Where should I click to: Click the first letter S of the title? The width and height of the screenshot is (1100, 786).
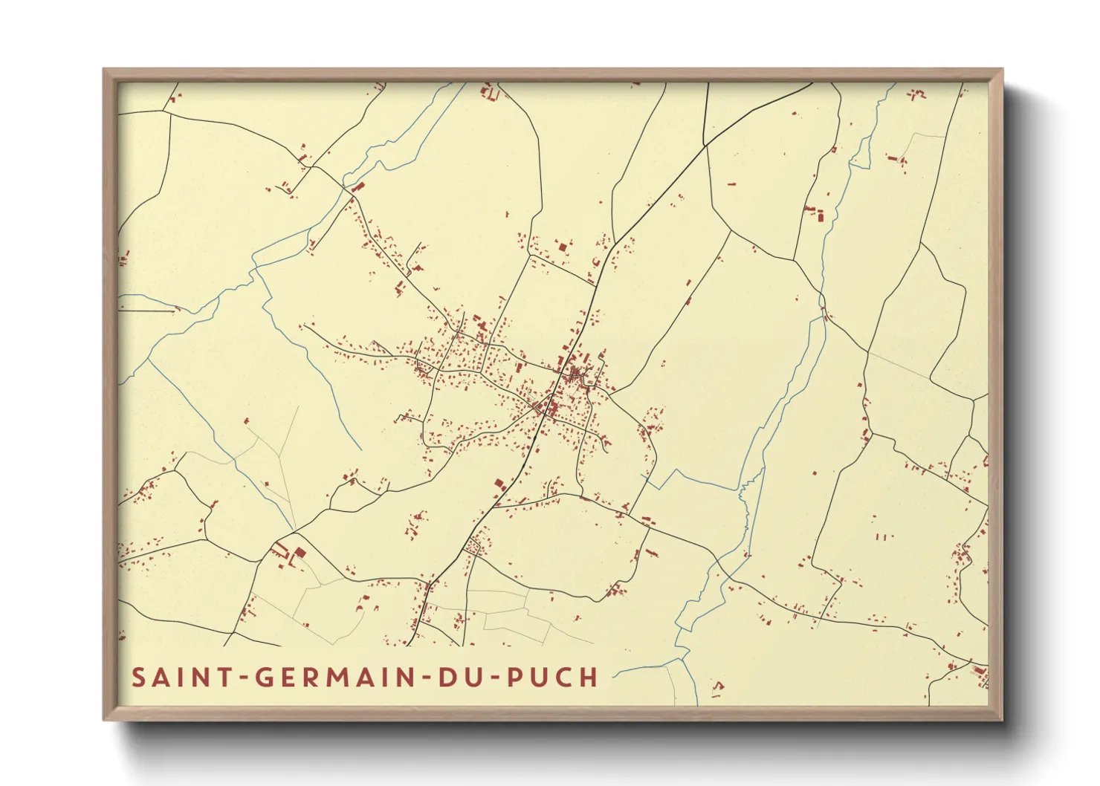[138, 678]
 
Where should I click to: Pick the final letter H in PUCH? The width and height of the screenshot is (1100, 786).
[589, 678]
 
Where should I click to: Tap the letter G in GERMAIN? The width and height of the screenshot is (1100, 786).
[264, 678]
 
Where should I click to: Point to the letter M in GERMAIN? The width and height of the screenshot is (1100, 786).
[337, 678]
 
